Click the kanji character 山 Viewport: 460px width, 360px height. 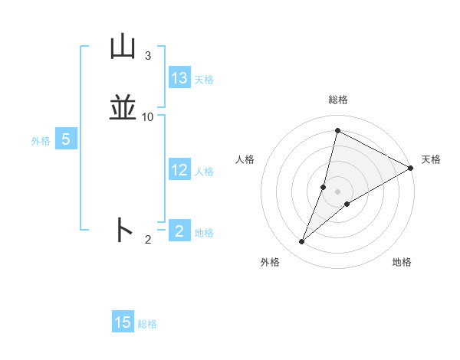[123, 47]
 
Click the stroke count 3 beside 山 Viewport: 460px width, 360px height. [148, 56]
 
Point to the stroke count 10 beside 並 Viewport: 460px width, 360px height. [148, 117]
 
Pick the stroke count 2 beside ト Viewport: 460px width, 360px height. [148, 240]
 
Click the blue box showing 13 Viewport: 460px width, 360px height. [179, 78]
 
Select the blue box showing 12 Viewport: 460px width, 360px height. [179, 170]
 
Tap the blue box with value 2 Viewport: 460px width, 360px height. [179, 231]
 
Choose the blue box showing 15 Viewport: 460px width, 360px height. [123, 322]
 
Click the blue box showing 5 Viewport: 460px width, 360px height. [66, 139]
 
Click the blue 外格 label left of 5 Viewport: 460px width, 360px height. [40, 141]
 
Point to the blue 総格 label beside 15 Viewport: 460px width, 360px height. [147, 324]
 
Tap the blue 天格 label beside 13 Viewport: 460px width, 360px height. [204, 80]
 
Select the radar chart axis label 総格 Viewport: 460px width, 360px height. [338, 100]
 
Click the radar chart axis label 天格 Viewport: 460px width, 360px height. [431, 159]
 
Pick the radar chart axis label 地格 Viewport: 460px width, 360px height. [402, 262]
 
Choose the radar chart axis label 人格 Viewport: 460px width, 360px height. [245, 159]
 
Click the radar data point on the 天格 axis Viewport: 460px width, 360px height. [411, 169]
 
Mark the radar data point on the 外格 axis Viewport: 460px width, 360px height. [302, 242]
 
